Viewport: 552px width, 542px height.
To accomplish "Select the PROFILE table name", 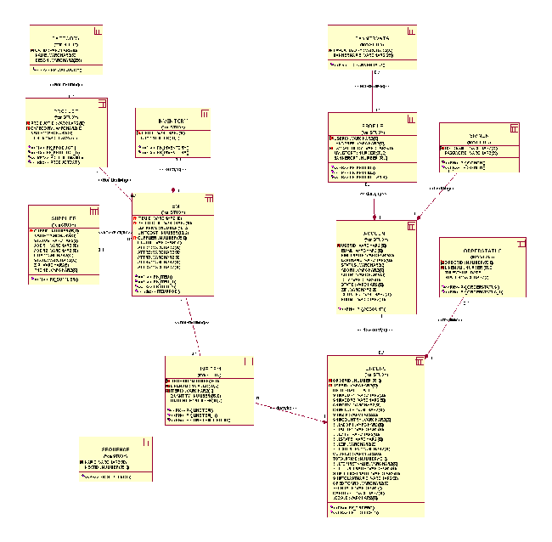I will point(373,125).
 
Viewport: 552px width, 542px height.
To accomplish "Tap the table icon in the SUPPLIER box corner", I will point(93,210).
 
